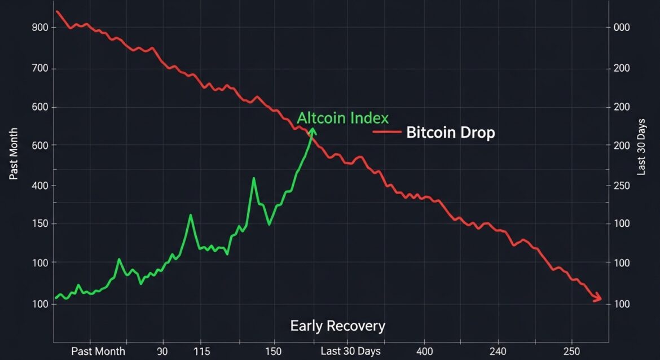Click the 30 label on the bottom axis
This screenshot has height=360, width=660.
163,351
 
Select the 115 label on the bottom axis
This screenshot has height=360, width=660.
201,351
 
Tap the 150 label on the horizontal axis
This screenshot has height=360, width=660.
274,351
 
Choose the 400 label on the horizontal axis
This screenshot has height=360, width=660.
424,351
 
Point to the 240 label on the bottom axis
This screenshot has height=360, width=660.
498,351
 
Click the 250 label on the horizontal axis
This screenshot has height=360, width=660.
571,351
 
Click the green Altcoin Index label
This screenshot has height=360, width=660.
343,118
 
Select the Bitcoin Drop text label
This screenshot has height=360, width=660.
450,133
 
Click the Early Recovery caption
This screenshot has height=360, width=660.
337,326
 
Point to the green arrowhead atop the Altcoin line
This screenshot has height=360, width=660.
313,131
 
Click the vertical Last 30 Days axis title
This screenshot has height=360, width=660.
641,149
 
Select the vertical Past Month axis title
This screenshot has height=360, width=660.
14,153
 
